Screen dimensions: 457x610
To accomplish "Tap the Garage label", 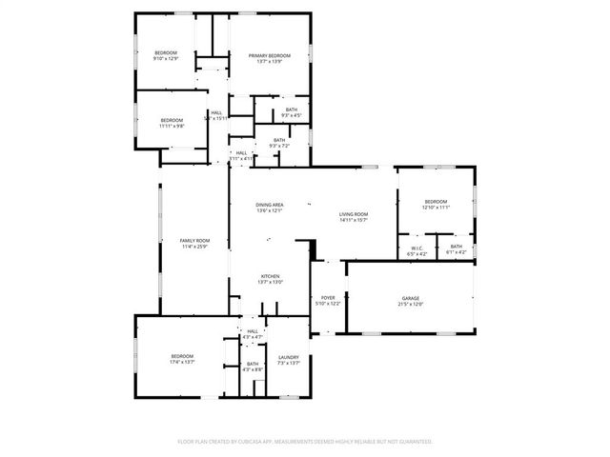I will pos(410,298).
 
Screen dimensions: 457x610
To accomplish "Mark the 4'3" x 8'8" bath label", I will pos(253,366).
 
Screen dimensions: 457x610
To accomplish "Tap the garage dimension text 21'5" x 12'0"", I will pos(410,304).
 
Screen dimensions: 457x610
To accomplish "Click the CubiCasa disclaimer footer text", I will pos(305,442).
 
